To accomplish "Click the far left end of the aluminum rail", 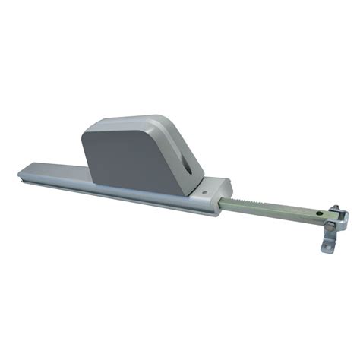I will (x=21, y=173).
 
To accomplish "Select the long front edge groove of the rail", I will (x=114, y=191).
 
